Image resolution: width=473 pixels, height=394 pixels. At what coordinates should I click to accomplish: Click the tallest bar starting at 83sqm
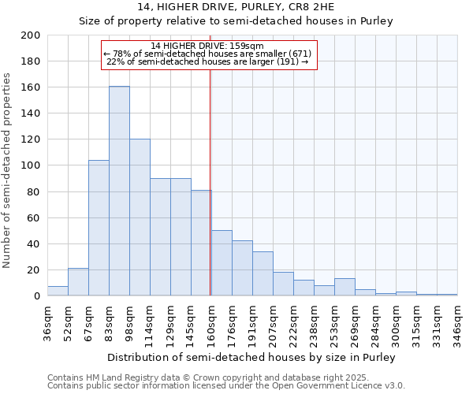click(x=119, y=191)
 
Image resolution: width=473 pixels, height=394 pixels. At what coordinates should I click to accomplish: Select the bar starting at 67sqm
click(x=99, y=229)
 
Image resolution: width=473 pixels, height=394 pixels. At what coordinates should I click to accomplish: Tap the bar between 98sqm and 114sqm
click(x=140, y=217)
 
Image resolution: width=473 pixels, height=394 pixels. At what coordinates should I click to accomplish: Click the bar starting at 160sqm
click(x=222, y=263)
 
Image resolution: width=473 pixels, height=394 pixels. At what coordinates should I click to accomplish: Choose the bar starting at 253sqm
click(x=345, y=288)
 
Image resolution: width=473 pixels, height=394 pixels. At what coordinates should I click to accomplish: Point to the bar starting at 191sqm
click(x=263, y=274)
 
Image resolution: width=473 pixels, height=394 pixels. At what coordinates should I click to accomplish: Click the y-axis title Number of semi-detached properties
click(x=8, y=170)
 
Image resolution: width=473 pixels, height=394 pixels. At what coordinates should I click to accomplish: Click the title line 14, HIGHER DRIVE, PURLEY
click(x=236, y=7)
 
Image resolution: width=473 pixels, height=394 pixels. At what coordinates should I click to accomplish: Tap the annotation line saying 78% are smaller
click(x=207, y=54)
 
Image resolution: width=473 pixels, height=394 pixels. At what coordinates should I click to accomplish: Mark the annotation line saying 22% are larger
click(x=207, y=61)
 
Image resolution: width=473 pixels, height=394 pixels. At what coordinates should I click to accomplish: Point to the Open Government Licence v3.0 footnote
click(x=226, y=386)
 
